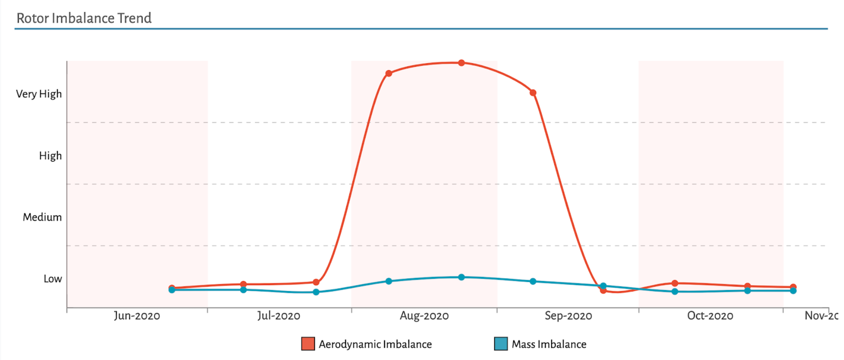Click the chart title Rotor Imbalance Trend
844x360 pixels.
[84, 18]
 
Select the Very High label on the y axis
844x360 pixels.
[39, 94]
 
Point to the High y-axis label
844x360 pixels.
[50, 156]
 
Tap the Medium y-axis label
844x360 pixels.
[42, 217]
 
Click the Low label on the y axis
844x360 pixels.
[53, 279]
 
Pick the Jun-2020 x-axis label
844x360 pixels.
[137, 316]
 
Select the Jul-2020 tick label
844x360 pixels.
[279, 316]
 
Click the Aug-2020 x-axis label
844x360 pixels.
[424, 316]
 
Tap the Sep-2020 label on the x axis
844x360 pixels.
[568, 316]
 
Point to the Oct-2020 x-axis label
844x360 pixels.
[710, 316]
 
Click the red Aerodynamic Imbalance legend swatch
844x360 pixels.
[308, 344]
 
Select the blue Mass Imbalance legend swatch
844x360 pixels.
[501, 344]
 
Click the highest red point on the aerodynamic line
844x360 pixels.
[462, 63]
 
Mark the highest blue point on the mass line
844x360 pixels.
[462, 277]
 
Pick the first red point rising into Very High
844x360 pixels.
[389, 73]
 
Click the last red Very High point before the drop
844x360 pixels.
[533, 93]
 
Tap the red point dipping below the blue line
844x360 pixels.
[603, 290]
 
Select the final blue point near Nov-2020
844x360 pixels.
[793, 291]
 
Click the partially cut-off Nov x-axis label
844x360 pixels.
[821, 316]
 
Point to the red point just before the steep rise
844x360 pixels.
[316, 282]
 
